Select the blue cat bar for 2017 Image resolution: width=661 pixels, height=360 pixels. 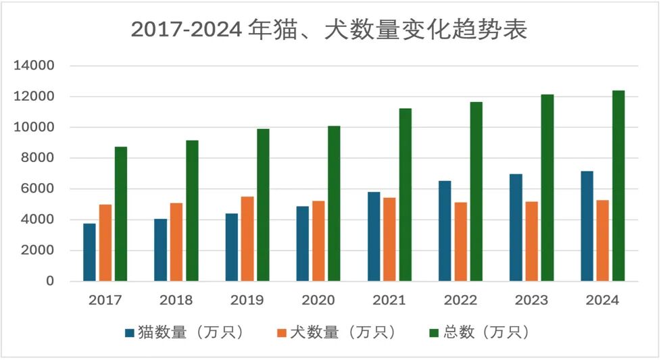89,252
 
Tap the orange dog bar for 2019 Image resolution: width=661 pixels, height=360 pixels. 247,238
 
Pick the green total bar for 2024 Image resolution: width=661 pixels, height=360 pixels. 618,186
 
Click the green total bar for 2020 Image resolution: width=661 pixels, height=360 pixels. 334,203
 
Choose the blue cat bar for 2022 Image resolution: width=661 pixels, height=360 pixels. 445,231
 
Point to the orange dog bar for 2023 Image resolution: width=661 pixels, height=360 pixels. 532,241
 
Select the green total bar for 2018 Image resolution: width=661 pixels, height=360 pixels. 192,211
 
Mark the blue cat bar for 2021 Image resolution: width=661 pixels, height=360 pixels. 374,236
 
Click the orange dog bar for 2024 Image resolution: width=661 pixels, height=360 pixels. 603,240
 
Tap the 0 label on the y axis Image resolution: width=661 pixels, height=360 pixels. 50,281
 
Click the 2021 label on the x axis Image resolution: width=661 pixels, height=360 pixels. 389,301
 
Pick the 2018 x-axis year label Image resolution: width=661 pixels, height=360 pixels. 176,301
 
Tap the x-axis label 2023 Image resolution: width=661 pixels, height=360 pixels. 532,301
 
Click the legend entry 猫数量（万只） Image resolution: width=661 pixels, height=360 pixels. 190,332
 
